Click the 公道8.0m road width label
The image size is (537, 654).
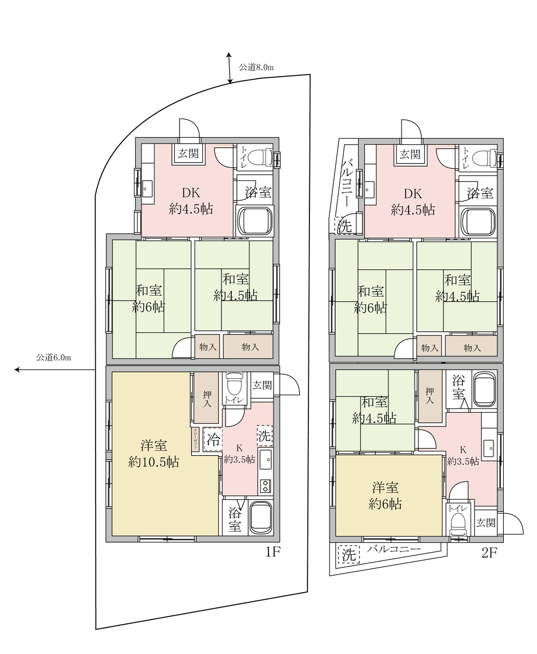click(256, 67)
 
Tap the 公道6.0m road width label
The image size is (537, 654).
click(53, 357)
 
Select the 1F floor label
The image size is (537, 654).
click(273, 552)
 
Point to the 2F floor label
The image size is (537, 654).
click(490, 553)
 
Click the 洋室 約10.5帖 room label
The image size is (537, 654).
click(153, 454)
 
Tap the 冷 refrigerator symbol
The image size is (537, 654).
click(213, 440)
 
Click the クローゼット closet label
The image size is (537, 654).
click(195, 440)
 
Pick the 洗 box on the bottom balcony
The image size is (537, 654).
click(349, 555)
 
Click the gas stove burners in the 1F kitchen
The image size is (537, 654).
click(265, 486)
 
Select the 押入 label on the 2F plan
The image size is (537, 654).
click(430, 395)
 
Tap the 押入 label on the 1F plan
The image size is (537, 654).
click(207, 399)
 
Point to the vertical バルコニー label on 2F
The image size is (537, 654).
click(348, 183)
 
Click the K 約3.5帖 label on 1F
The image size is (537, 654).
click(239, 454)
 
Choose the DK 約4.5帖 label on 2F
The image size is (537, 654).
click(413, 202)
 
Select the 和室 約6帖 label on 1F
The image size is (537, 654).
click(148, 299)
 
